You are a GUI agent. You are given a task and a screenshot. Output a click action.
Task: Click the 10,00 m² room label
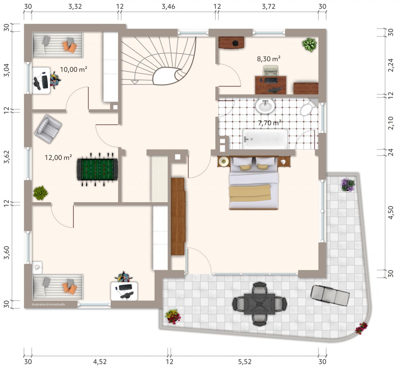pyautogui.click(x=74, y=70)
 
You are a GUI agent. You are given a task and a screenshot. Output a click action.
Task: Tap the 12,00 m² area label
pyautogui.click(x=58, y=157)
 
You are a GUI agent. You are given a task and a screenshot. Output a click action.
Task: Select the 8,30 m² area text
pyautogui.click(x=269, y=59)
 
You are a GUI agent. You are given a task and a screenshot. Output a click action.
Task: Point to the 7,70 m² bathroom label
pyautogui.click(x=270, y=123)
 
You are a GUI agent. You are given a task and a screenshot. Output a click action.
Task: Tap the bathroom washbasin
pyautogui.click(x=265, y=106)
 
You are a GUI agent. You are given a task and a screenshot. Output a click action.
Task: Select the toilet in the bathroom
pyautogui.click(x=308, y=108)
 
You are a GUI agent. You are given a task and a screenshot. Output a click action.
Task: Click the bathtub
pyautogui.click(x=266, y=139)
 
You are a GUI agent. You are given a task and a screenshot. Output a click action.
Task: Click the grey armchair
pyautogui.click(x=48, y=129)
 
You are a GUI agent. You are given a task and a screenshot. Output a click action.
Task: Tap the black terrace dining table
pyautogui.click(x=260, y=304)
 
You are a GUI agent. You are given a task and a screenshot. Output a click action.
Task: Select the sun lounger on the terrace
pyautogui.click(x=330, y=295)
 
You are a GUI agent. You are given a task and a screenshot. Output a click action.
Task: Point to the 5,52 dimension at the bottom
pyautogui.click(x=245, y=362)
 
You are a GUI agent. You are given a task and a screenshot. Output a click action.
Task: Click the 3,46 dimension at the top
pyautogui.click(x=168, y=7)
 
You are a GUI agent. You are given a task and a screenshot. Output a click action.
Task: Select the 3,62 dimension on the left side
pyautogui.click(x=7, y=157)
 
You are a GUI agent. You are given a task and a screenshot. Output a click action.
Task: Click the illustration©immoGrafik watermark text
pyautogui.click(x=48, y=304)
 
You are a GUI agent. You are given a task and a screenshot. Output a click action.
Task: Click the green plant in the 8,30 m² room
pyautogui.click(x=310, y=45)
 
